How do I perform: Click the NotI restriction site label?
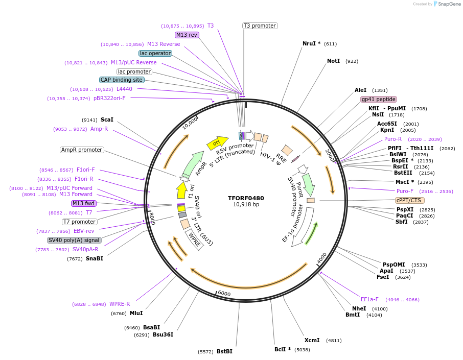pos(333,61)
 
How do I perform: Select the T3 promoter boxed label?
pos(260,26)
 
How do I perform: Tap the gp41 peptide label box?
pos(379,99)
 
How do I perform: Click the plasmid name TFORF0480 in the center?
pos(246,198)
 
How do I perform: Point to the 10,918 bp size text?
pos(246,205)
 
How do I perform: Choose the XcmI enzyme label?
pos(312,340)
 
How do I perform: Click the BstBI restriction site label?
pos(224,351)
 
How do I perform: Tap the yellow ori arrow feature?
pos(217,143)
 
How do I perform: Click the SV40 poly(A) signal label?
pos(74,240)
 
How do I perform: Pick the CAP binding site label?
pos(122,80)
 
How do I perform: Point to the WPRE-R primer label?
pos(120,304)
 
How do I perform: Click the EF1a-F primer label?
pos(369,299)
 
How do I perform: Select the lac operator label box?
pos(155,53)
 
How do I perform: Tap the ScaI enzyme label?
pos(107,120)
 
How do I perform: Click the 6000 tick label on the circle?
pos(224,294)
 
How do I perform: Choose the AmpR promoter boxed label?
pos(82,150)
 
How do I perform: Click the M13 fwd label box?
pos(84,203)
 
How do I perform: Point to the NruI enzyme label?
pos(311,43)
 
